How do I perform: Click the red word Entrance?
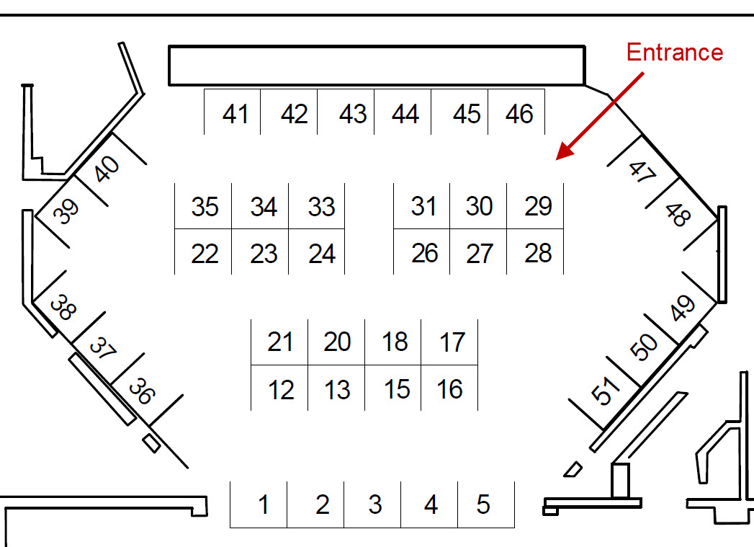(674, 53)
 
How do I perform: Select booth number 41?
(235, 114)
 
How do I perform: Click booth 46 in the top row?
(519, 114)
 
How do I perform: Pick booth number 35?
(205, 207)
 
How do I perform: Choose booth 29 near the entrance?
(537, 206)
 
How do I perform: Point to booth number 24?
(321, 254)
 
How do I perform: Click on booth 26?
(424, 253)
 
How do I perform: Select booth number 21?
(280, 342)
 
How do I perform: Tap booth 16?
(450, 389)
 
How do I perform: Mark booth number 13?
(337, 390)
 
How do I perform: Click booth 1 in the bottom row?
(263, 504)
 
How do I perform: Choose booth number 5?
(483, 504)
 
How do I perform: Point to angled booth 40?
(108, 170)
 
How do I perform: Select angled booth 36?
(141, 392)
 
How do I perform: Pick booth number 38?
(63, 308)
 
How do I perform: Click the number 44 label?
(406, 114)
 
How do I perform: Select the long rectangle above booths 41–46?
(376, 66)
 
